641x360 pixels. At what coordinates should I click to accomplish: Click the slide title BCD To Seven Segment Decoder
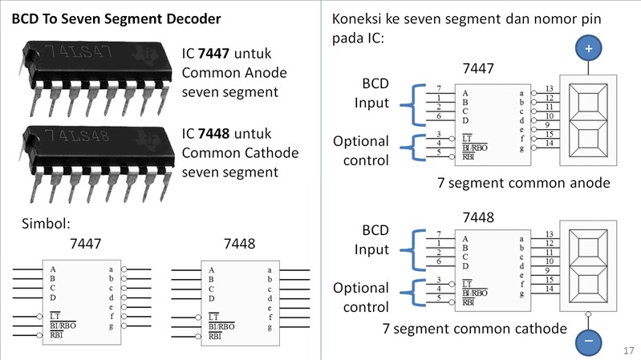[x=116, y=18]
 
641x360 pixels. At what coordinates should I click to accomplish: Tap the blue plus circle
[x=588, y=49]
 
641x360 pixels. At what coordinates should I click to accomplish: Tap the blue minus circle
[x=588, y=342]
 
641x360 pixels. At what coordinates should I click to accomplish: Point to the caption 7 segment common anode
[x=524, y=183]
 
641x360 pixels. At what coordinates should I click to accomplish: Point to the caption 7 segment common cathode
[x=475, y=329]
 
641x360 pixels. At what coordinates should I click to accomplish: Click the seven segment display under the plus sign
[x=588, y=118]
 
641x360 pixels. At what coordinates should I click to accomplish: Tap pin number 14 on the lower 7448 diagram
[x=549, y=288]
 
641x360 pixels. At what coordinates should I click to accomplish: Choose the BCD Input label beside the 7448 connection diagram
[x=371, y=240]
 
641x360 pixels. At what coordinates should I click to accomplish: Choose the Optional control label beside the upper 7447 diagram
[x=361, y=150]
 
